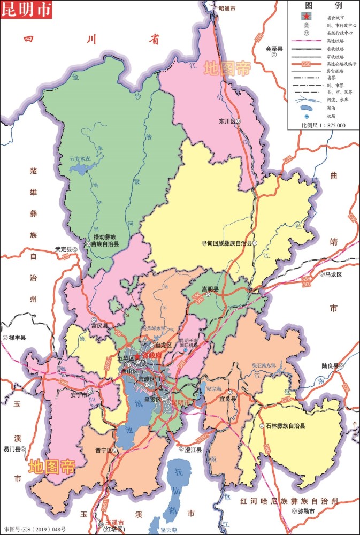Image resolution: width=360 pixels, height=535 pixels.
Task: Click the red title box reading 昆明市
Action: coord(26,10)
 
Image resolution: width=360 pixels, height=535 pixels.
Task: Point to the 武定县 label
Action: coord(63,249)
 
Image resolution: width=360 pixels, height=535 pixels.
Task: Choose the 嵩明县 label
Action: coord(210,289)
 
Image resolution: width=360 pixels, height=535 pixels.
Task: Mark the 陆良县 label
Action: coord(330,366)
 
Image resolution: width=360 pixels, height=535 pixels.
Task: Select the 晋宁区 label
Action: coord(103,450)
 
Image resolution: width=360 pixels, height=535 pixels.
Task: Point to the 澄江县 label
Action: coord(193,450)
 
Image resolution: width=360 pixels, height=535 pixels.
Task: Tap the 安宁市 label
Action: coord(79,396)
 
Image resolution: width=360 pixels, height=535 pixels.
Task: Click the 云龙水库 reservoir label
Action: coord(80,159)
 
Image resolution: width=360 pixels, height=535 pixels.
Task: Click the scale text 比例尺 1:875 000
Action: coord(324,125)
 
